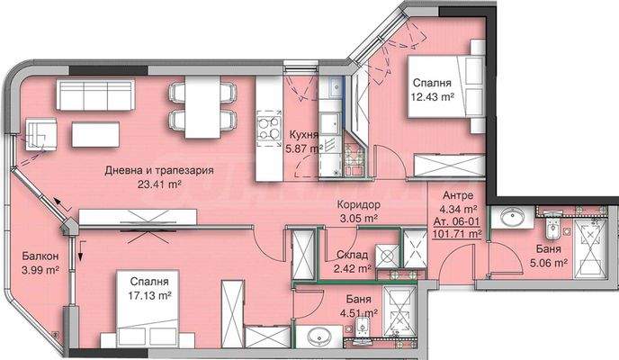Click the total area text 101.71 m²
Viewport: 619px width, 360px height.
(458, 233)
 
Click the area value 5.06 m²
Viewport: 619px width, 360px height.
(546, 264)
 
